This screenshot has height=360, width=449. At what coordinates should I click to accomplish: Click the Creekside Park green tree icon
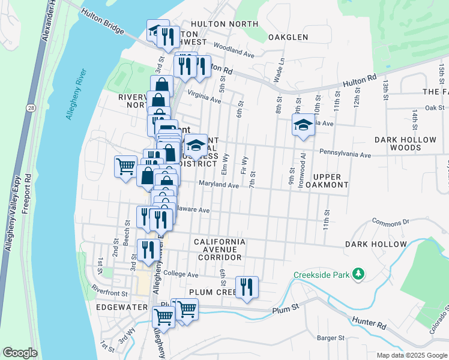click(x=358, y=274)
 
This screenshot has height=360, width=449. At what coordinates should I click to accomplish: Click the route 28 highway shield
click(x=29, y=107)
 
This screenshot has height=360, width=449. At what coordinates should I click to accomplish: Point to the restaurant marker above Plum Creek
click(x=247, y=287)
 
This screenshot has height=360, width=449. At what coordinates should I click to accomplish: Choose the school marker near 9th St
click(x=303, y=126)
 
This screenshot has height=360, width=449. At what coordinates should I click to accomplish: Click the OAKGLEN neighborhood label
click(x=288, y=37)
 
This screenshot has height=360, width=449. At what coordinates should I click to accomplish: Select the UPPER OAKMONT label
click(x=327, y=181)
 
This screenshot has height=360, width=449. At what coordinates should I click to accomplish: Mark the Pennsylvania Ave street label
click(x=345, y=154)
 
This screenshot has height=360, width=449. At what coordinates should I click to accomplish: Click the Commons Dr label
click(x=390, y=221)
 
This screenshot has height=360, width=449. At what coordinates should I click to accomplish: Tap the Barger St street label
click(x=332, y=338)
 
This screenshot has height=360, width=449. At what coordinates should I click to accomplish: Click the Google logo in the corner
click(x=20, y=353)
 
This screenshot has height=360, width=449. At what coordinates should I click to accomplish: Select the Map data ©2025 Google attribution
click(x=412, y=355)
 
